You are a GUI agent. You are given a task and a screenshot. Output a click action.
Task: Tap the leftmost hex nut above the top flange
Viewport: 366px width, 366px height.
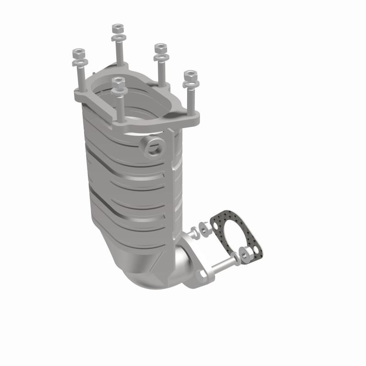click(x=79, y=51)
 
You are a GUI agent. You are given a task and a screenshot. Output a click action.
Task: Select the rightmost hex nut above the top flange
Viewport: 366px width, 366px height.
click(x=189, y=75)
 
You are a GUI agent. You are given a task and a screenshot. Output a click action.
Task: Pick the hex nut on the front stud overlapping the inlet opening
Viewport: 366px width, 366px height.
click(x=118, y=82)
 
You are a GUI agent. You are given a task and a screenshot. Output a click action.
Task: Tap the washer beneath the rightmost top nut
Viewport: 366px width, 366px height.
click(x=188, y=83)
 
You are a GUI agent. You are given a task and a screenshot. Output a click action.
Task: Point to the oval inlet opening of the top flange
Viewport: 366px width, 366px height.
click(x=137, y=98)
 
